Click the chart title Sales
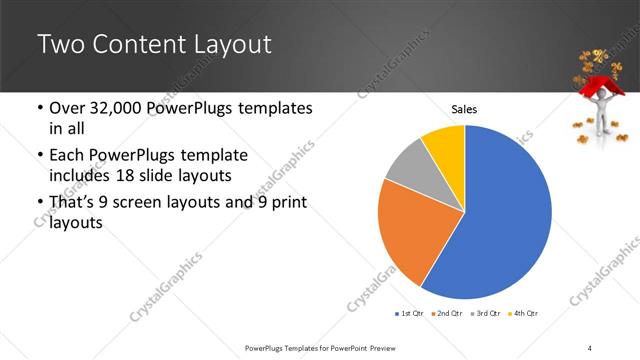pyautogui.click(x=464, y=108)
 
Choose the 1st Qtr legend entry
pyautogui.click(x=407, y=313)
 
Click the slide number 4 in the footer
pyautogui.click(x=591, y=348)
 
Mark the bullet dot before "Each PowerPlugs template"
pyautogui.click(x=39, y=156)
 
